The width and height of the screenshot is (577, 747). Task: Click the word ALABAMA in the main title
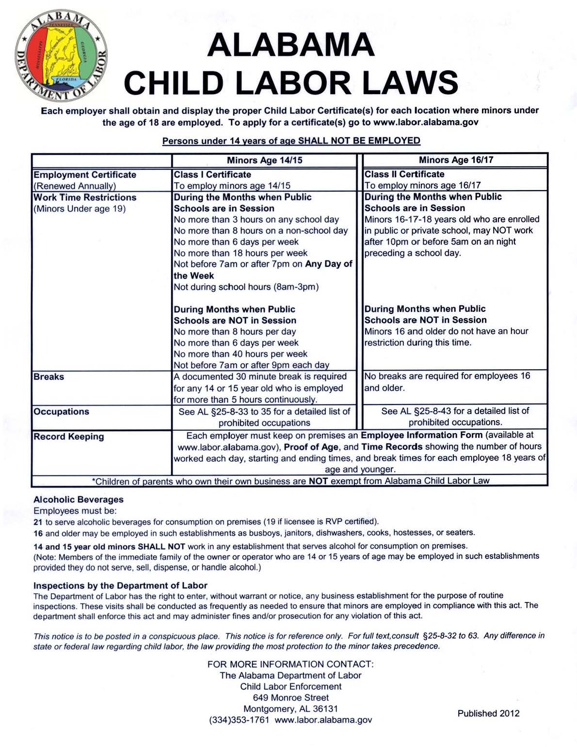tap(290, 45)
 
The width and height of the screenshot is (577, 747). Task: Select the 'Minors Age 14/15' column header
tap(264, 161)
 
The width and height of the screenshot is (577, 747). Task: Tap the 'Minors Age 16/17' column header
tap(456, 160)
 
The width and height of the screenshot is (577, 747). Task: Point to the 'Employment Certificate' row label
tap(85, 175)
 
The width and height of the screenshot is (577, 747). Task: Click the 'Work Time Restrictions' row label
tap(85, 197)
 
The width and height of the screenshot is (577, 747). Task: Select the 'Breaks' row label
tap(48, 377)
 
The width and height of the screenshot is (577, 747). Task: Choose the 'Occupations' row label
tap(62, 412)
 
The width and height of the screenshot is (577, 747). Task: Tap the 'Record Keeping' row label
tap(69, 437)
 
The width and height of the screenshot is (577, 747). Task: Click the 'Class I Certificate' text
tap(212, 175)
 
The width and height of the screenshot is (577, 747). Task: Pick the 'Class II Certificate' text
tap(404, 174)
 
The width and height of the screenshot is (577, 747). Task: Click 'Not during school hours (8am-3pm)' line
tap(246, 287)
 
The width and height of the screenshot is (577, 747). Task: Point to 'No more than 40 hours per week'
tap(240, 354)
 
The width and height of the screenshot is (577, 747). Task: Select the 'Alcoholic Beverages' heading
tap(79, 500)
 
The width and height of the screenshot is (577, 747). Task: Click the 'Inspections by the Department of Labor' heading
tap(120, 585)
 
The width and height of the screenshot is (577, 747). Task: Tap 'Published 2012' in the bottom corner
tap(488, 714)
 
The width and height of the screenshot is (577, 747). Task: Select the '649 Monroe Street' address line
tap(291, 698)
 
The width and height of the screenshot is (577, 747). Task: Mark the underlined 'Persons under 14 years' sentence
tap(291, 141)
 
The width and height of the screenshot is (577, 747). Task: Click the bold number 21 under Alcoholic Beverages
tap(38, 522)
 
